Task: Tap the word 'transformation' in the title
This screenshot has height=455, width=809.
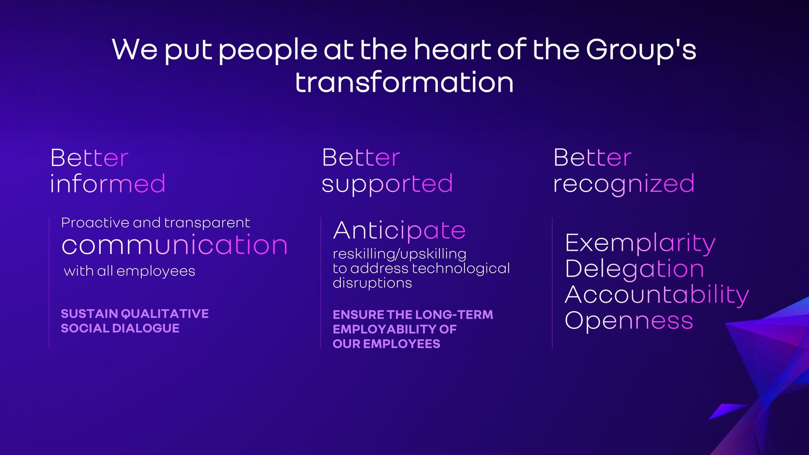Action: [x=404, y=82]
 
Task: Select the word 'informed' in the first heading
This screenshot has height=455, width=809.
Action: [x=108, y=183]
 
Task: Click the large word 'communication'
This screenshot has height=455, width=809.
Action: [x=174, y=245]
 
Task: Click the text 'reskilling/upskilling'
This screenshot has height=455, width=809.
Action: [x=400, y=254]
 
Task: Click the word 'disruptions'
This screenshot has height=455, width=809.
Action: [x=372, y=283]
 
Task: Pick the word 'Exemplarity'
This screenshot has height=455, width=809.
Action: [x=640, y=244]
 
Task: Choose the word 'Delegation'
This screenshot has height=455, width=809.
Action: [x=635, y=270]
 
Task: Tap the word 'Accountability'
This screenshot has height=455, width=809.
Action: [x=657, y=295]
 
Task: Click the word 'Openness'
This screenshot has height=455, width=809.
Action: [x=629, y=321]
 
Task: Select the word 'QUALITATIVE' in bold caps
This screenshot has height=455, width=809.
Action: [x=164, y=314]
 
